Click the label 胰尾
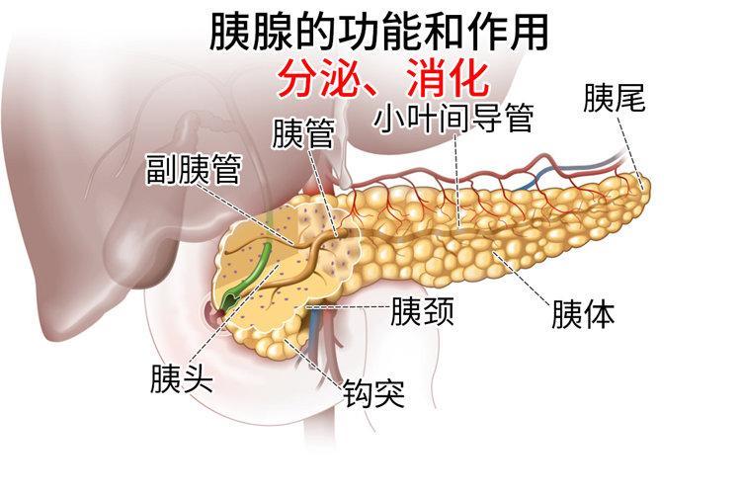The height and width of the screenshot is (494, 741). [614, 99]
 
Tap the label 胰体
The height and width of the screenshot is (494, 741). [583, 314]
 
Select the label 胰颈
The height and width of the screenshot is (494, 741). [422, 310]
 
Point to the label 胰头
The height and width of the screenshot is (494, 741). [182, 378]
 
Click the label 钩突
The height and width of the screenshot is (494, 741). [373, 392]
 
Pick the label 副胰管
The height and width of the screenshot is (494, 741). [194, 169]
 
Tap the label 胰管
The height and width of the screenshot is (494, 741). [303, 132]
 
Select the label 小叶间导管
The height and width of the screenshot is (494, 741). [454, 118]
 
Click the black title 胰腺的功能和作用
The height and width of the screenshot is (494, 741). [379, 32]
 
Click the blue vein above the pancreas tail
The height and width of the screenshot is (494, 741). [571, 173]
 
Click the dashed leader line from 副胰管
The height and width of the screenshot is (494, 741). [246, 214]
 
